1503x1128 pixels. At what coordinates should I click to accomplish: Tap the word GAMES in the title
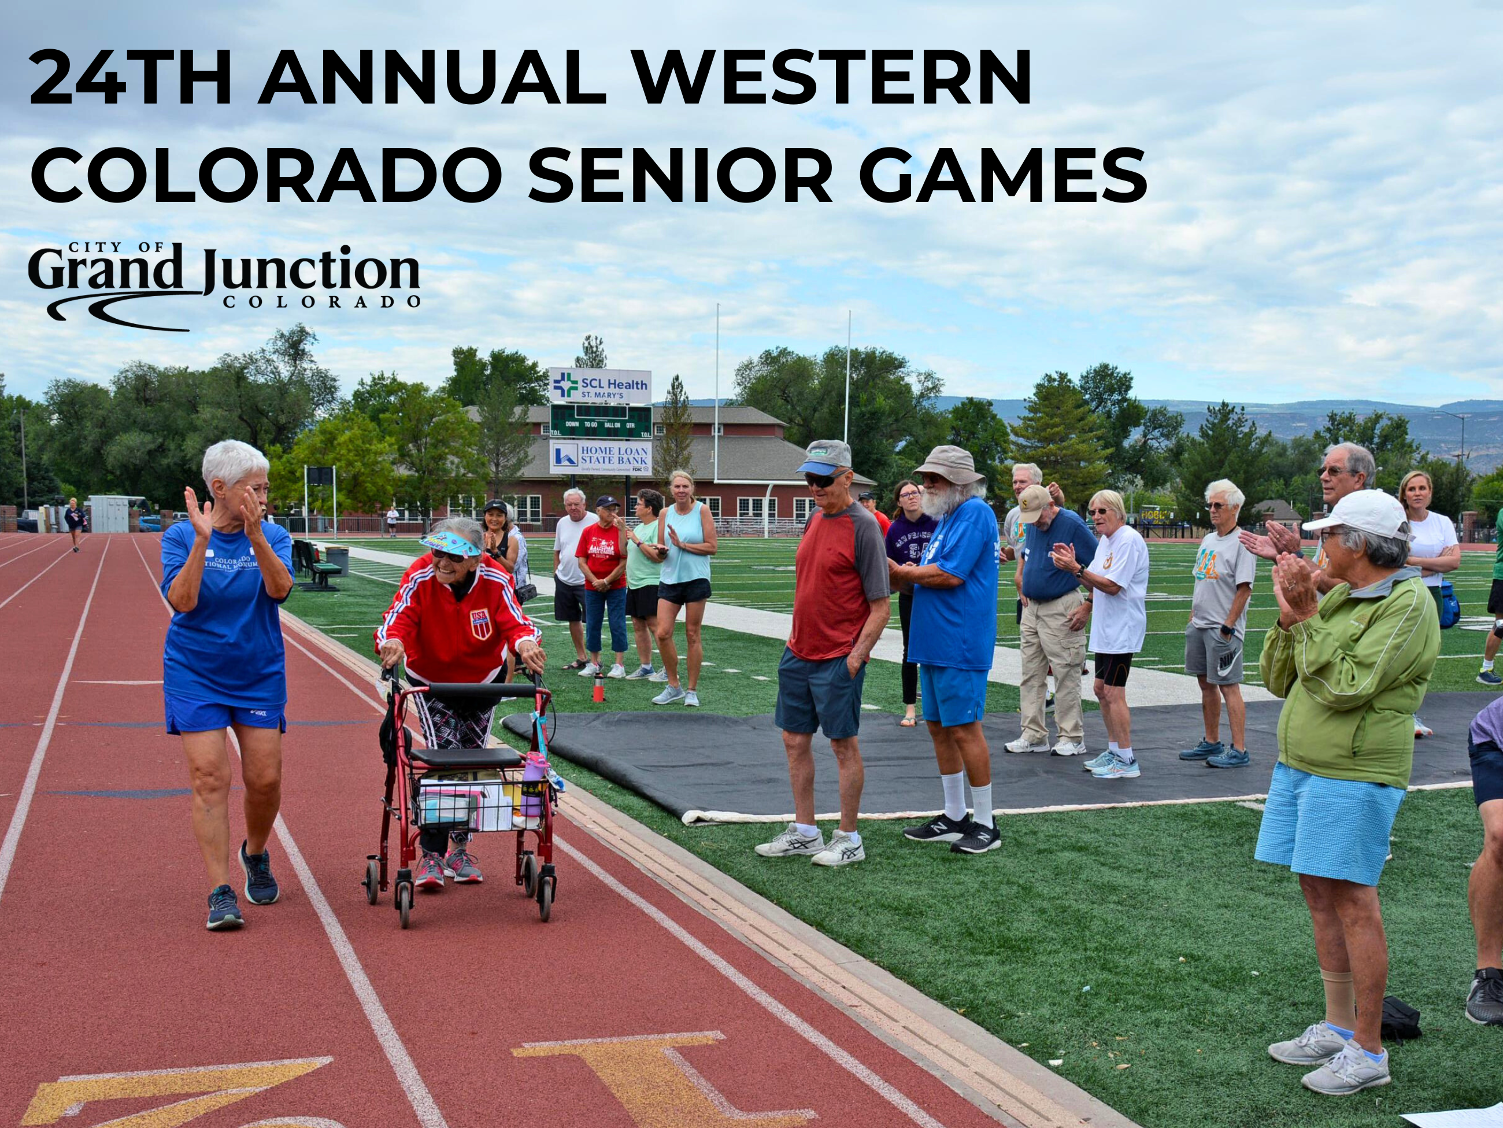click(x=1002, y=175)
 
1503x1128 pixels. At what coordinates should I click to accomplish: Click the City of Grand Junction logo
click(x=224, y=286)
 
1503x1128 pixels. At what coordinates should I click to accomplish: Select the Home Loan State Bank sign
click(x=600, y=457)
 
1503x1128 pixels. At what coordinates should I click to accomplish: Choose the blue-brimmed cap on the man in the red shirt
click(x=824, y=456)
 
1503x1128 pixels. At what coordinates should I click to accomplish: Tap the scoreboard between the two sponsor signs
click(x=600, y=422)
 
